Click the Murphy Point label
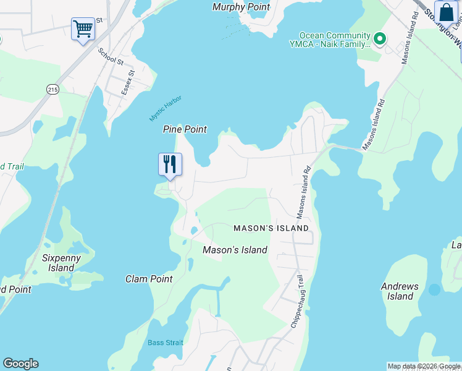(x=241, y=7)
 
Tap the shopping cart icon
(x=83, y=28)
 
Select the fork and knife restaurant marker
(x=170, y=164)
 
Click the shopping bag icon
(x=446, y=12)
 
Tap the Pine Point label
(x=185, y=129)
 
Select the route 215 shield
(x=51, y=89)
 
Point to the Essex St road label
(x=130, y=80)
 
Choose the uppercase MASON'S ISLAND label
(x=271, y=228)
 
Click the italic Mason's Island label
(x=235, y=250)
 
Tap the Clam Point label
(x=149, y=279)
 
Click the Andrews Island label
(x=400, y=291)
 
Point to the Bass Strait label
(x=165, y=343)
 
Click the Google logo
(x=20, y=364)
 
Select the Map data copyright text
(x=424, y=366)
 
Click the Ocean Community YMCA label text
(x=334, y=40)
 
